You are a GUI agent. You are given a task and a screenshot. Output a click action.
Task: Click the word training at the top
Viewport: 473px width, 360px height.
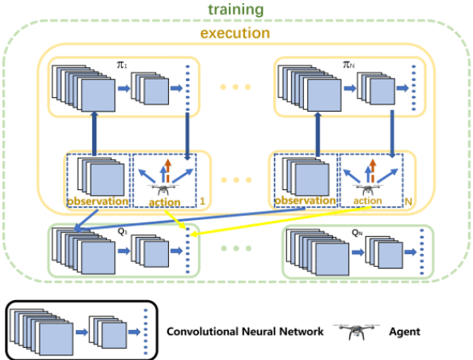tap(236, 10)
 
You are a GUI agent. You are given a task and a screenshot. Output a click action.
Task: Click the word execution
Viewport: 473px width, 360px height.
tap(235, 33)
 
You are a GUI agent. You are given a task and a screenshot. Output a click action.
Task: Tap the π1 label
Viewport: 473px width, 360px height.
tap(122, 65)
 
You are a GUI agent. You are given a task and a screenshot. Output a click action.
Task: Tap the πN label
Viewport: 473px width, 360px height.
tap(348, 65)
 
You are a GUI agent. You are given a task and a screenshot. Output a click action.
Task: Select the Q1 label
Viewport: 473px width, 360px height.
tap(122, 231)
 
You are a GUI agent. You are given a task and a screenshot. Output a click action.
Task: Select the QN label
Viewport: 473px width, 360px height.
tap(357, 233)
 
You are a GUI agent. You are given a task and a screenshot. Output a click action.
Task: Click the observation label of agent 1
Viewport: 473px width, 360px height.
tap(98, 201)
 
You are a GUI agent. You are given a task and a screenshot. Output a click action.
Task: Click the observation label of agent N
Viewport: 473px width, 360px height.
tap(305, 201)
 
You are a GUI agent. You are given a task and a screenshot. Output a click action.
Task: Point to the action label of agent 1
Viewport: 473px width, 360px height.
tap(165, 202)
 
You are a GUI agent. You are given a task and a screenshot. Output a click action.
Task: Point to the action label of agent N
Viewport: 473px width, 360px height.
tap(368, 201)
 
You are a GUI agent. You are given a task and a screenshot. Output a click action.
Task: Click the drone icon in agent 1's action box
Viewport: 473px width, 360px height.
tap(163, 190)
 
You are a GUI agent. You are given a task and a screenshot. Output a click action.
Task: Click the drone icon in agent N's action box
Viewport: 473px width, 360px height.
tap(367, 189)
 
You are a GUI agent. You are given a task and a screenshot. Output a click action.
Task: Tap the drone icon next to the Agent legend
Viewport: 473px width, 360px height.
tap(357, 331)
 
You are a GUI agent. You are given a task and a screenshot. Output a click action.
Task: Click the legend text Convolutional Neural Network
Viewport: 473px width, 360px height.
tap(245, 332)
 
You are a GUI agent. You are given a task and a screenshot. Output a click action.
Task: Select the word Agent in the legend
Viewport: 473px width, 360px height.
tap(404, 332)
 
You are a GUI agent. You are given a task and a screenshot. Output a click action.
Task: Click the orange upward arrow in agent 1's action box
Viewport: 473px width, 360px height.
tap(167, 171)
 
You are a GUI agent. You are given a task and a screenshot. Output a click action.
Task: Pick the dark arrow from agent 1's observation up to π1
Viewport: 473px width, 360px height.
tap(95, 133)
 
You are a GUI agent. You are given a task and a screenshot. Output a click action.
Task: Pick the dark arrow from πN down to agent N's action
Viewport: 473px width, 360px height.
tap(392, 133)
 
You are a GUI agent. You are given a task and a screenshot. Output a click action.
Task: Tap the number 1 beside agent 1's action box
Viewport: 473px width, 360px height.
tap(202, 201)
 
